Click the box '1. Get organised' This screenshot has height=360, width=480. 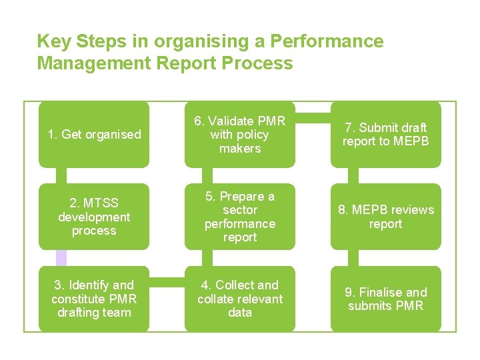click(94, 134)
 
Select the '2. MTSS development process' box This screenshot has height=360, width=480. click(94, 217)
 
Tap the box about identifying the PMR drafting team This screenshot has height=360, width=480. click(94, 299)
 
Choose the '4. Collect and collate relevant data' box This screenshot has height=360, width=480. click(240, 299)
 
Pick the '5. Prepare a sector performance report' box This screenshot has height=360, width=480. click(240, 217)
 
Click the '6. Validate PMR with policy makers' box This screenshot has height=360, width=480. click(240, 134)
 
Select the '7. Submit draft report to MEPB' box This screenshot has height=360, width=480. click(386, 134)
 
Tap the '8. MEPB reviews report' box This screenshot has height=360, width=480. click(386, 217)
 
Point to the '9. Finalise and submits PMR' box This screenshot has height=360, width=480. click(386, 299)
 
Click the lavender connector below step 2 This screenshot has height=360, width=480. click(61, 258)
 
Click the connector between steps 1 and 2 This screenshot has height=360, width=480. click(61, 175)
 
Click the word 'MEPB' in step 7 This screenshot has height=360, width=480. click(411, 141)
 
